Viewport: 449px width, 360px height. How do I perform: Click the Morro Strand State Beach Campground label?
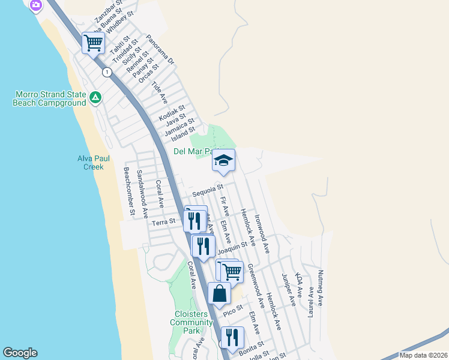tap(49, 98)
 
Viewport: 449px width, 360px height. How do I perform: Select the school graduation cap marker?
tap(223, 161)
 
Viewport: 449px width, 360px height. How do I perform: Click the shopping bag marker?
tap(220, 294)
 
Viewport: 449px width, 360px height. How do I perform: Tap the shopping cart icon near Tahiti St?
tap(93, 43)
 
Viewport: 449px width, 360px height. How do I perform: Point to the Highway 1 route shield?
tap(107, 72)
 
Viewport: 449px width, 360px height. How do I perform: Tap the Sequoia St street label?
tap(208, 191)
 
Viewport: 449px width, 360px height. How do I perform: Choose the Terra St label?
tap(163, 222)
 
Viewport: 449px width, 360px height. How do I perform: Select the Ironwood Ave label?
tap(261, 233)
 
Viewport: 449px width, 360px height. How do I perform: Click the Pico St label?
tap(232, 311)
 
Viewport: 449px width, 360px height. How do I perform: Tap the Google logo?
tap(20, 353)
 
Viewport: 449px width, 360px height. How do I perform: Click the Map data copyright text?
tap(423, 355)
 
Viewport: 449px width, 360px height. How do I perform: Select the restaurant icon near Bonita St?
tap(232, 337)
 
